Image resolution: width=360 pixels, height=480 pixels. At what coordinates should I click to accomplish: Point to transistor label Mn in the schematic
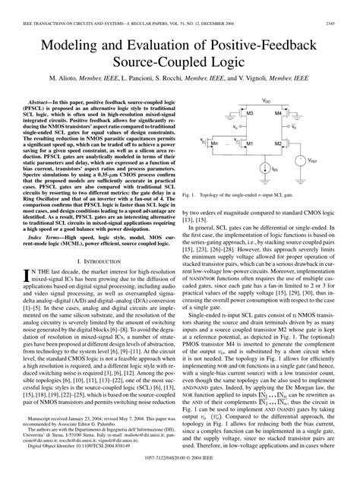(x=215, y=142)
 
